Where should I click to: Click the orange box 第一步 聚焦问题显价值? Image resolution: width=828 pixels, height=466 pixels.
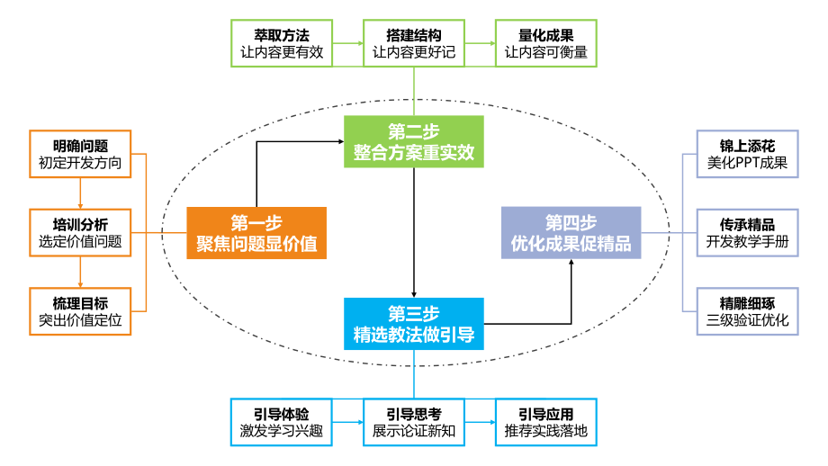[x=256, y=232]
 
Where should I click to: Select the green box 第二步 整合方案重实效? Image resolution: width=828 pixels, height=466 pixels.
[x=414, y=142]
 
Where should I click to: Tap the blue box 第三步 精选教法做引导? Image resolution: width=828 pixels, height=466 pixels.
[x=414, y=324]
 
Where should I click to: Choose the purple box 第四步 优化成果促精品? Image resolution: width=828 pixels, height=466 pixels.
[x=571, y=232]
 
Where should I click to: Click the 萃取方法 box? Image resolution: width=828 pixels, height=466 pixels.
[x=282, y=43]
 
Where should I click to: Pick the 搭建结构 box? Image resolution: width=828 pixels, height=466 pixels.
[x=414, y=43]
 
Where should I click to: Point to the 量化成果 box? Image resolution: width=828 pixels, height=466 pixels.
[x=546, y=43]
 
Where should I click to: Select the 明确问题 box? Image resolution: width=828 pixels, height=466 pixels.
[x=80, y=154]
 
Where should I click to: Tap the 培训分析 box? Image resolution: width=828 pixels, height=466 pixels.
[x=80, y=232]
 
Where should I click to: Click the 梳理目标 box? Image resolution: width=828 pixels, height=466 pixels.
[x=80, y=310]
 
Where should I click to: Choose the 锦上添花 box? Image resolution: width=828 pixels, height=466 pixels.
[x=747, y=154]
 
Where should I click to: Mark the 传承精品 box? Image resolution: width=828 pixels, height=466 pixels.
[x=747, y=232]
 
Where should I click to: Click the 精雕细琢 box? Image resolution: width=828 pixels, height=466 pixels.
[x=747, y=310]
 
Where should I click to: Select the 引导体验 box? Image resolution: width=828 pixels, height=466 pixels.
[x=282, y=422]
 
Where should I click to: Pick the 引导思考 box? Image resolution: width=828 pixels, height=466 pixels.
[x=414, y=422]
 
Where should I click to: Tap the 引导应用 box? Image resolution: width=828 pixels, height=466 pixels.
[x=546, y=422]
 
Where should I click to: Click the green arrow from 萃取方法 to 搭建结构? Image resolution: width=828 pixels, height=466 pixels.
[x=347, y=43]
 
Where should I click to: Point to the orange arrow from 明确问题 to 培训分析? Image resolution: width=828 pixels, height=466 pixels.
[x=81, y=193]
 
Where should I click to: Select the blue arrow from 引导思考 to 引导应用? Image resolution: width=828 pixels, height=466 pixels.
[x=480, y=422]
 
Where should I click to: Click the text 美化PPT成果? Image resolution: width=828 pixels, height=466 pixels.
[x=747, y=163]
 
